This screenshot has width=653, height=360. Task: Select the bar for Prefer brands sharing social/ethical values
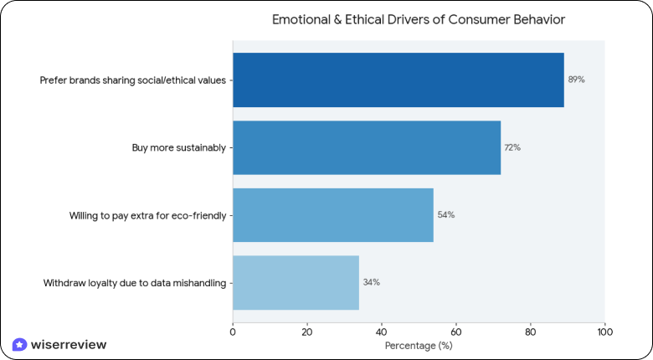coord(398,80)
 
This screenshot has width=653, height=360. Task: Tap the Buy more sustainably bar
coord(366,147)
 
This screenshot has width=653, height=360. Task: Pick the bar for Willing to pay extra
coord(332,215)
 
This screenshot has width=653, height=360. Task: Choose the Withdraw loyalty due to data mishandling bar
coord(296,282)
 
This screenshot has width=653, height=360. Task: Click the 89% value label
coord(576,80)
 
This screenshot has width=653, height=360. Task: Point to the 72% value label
coord(512,147)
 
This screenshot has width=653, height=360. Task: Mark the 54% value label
coord(445,215)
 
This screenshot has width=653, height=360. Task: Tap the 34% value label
coord(371,282)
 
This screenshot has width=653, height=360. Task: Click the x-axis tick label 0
coord(233,332)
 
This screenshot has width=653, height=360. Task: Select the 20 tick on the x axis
coord(307,332)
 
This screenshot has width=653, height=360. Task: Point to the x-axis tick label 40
coord(381,332)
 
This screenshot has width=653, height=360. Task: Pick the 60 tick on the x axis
coord(455,332)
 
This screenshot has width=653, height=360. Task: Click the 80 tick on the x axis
coord(529,332)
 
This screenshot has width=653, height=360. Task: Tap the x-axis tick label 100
coord(604,332)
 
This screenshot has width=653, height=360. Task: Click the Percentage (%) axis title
coord(418,345)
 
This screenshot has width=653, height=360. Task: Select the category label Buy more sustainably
coord(178,147)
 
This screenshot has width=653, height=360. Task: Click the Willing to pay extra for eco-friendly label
coord(147,215)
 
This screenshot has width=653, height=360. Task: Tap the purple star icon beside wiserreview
coord(19,344)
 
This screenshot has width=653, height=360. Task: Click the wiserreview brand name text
coord(68,344)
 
